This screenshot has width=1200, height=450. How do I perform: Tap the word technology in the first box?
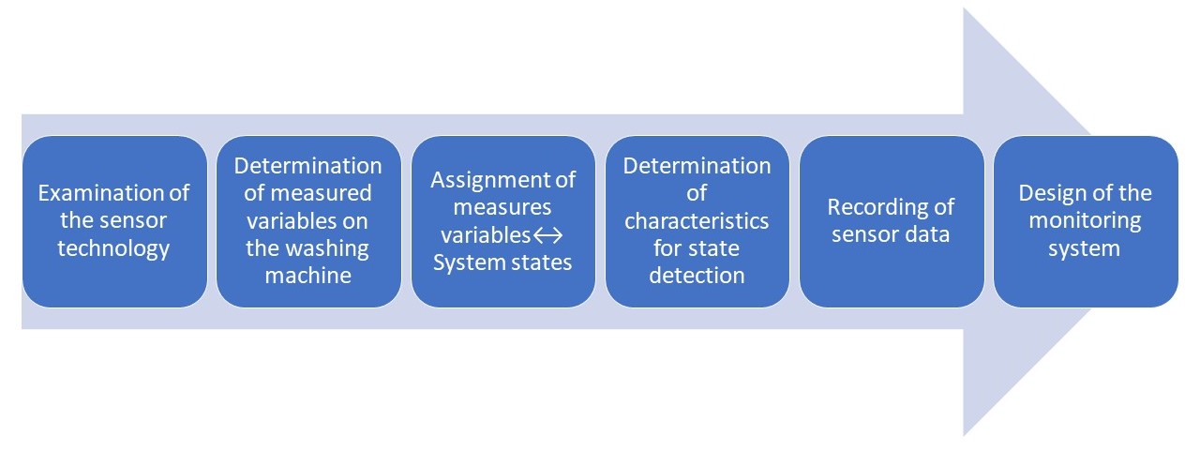tap(113, 248)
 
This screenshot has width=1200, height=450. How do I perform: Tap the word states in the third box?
tap(541, 262)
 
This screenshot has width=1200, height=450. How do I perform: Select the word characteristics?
tap(697, 221)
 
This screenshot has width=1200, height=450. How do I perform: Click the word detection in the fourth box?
tap(697, 276)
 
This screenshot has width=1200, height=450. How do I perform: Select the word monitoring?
tap(1085, 221)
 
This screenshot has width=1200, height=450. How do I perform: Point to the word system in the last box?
tap(1085, 248)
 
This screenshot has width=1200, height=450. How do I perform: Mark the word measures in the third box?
tap(502, 206)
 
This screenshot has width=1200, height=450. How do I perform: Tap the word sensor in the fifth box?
tap(863, 234)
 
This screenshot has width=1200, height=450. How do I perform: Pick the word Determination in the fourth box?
tap(697, 166)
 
